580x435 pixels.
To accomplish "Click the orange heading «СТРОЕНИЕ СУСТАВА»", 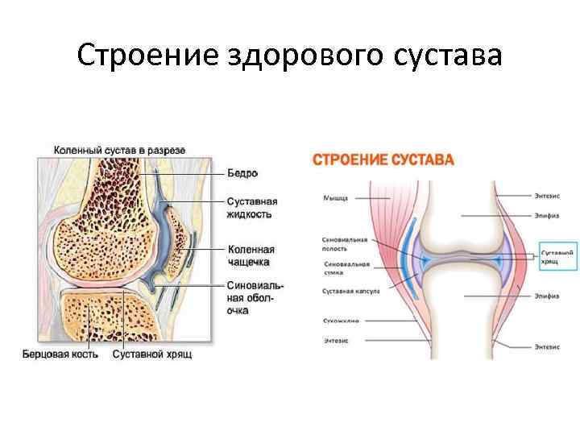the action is point(383,159).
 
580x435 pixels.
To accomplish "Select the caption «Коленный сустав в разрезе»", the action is point(119,150).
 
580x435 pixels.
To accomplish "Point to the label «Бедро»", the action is point(242,173).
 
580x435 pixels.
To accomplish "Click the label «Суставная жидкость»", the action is point(252,208).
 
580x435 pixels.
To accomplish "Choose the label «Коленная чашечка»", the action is point(251,255).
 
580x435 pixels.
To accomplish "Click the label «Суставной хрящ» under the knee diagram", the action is point(152,354).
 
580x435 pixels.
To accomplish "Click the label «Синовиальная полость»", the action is point(345,243).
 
